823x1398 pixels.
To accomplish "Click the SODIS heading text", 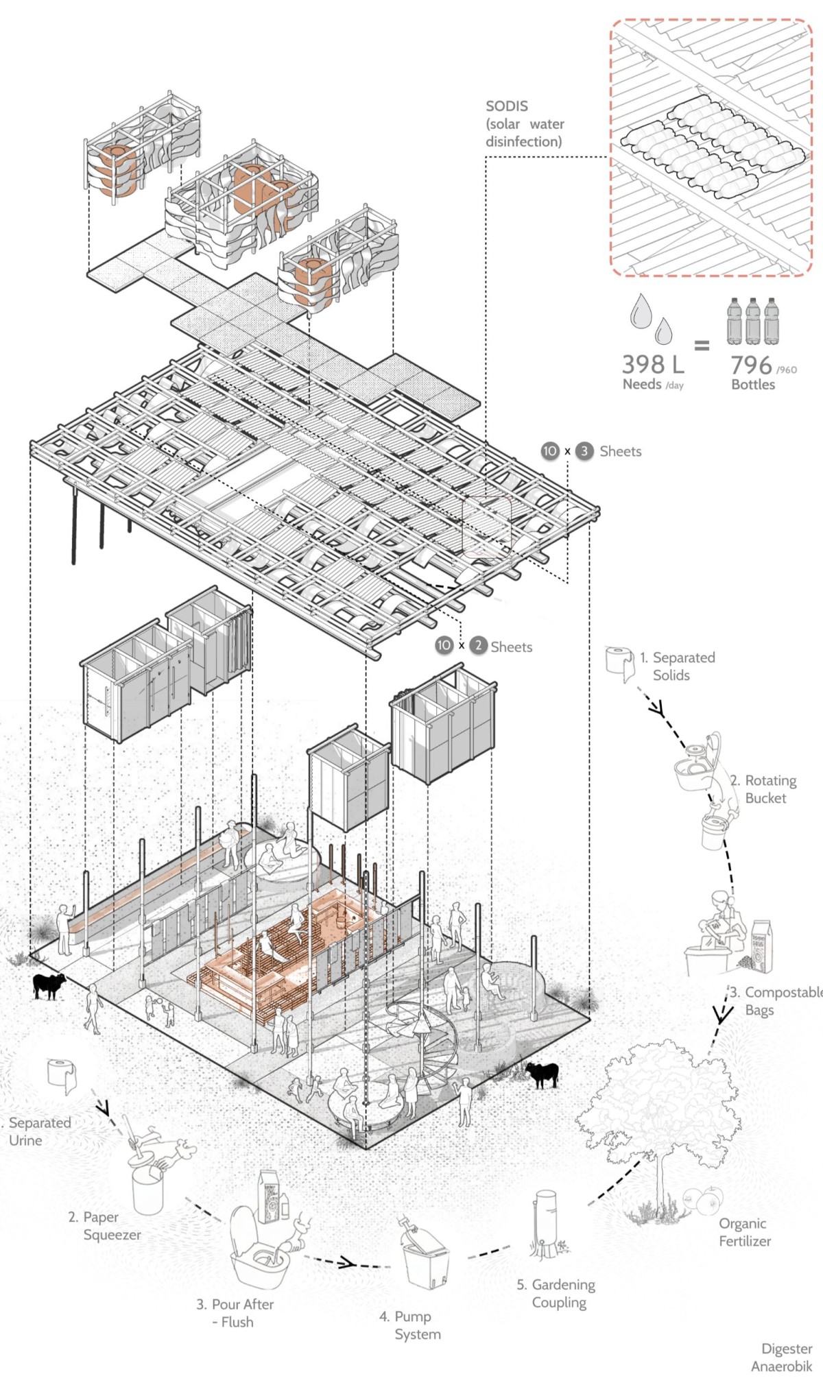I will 507,106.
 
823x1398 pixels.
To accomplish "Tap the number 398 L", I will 652,365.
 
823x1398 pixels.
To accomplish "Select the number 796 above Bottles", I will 751,365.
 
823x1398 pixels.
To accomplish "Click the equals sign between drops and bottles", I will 702,346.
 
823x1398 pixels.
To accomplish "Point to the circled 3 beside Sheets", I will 584,451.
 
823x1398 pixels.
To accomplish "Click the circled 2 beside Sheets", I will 478,646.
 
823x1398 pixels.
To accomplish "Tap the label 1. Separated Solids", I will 677,666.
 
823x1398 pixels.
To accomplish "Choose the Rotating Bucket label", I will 763,789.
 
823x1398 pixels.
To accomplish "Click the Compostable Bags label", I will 775,1001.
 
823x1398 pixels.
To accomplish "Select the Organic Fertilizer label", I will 744,1232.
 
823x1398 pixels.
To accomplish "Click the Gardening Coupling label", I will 556,1293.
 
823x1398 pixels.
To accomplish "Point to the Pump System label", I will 410,1325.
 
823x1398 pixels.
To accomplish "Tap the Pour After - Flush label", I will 235,1312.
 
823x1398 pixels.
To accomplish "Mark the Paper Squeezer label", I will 104,1226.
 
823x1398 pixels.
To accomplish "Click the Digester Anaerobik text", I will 783,1358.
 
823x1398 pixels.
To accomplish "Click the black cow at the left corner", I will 49,985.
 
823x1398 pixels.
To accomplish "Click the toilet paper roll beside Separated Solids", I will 620,662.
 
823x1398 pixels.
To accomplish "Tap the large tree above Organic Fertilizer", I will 652,1104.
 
